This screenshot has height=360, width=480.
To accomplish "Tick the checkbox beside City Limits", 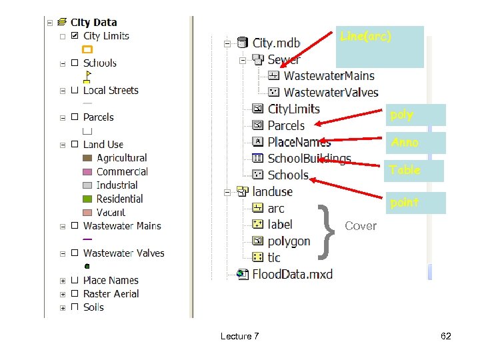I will click(x=75, y=36).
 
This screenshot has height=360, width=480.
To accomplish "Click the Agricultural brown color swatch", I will click(x=87, y=158).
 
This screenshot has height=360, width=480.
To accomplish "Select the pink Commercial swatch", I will click(x=87, y=172).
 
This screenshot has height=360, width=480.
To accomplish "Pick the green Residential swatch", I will click(x=87, y=199).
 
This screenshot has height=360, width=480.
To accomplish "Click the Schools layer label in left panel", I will click(x=99, y=63).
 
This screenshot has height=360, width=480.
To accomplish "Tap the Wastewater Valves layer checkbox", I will click(x=75, y=253).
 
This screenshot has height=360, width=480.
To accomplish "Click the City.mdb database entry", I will click(x=276, y=43).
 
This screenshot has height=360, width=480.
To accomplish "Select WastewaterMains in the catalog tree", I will click(x=329, y=76).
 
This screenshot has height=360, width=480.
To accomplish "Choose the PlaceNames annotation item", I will click(x=299, y=142).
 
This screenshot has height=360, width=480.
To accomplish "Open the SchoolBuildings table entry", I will click(x=309, y=159).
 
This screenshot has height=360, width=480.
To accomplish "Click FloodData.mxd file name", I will click(x=292, y=274).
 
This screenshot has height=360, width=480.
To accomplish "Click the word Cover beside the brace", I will click(x=361, y=226).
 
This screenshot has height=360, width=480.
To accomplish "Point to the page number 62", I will click(x=446, y=336).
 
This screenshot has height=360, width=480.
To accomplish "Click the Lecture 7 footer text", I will click(x=239, y=336).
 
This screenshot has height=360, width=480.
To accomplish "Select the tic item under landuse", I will click(x=274, y=257).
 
